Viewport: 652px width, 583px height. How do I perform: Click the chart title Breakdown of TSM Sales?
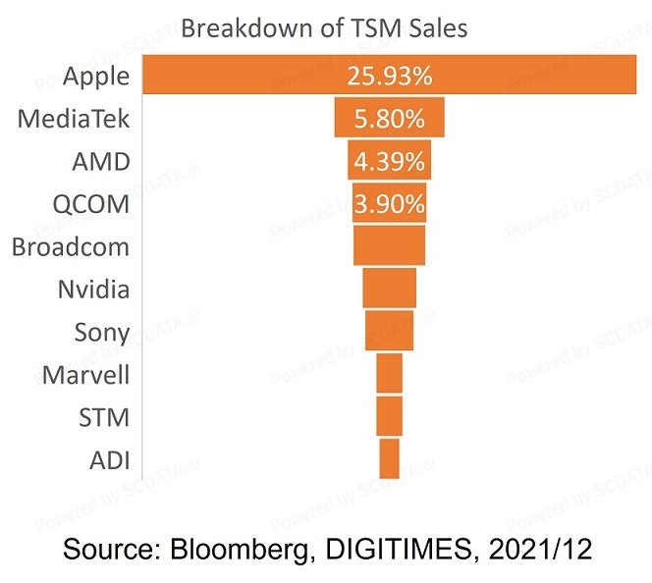(x=324, y=27)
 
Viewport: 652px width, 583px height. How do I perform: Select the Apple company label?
(x=95, y=76)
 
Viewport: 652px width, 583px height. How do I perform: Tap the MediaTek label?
(x=74, y=119)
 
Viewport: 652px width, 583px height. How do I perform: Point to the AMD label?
(x=100, y=161)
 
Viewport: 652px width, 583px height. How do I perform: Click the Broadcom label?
(x=70, y=246)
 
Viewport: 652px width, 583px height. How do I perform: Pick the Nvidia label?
(x=94, y=290)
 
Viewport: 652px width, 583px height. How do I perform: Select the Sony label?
(x=102, y=332)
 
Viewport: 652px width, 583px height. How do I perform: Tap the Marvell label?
(x=86, y=375)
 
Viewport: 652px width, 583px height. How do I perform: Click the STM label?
(x=104, y=417)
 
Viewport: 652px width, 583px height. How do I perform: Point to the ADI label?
(x=109, y=460)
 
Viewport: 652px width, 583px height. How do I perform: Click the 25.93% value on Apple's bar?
(x=389, y=77)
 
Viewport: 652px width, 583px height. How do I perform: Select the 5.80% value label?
(x=389, y=119)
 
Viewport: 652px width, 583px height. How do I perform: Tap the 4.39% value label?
(x=389, y=161)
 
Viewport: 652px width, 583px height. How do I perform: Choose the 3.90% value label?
(x=389, y=204)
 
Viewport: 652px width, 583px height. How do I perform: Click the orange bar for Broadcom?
(x=389, y=245)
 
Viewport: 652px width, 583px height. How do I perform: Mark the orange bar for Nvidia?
(x=389, y=289)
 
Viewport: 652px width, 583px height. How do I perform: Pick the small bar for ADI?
(x=389, y=459)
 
